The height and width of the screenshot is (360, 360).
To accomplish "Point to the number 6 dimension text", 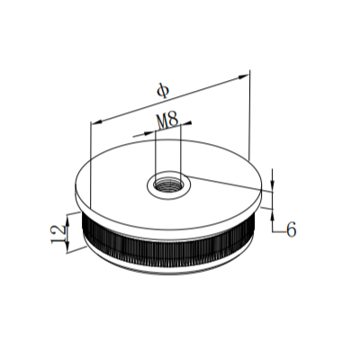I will pos(290,229).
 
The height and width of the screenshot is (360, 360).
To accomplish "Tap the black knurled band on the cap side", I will pos(171,250).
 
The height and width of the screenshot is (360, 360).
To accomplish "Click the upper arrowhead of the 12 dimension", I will pos(67,217).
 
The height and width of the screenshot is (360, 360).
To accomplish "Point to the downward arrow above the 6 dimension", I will pos(272,186).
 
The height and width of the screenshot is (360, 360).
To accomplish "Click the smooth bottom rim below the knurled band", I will pos(171,271).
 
